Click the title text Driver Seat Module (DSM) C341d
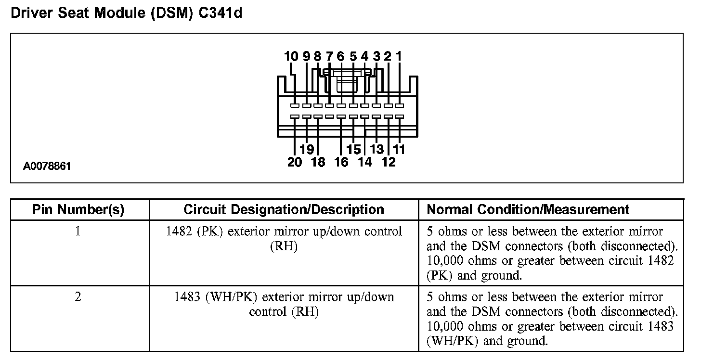[x=126, y=13]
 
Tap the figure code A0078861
[x=47, y=167]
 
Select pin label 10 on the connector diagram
[x=291, y=57]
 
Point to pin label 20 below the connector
[x=295, y=162]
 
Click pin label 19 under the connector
[x=307, y=149]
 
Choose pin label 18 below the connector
[x=318, y=162]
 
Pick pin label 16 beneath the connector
[x=341, y=162]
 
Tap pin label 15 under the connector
[x=353, y=149]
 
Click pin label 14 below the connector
[x=365, y=162]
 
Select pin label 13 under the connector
[x=376, y=149]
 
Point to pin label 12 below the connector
[x=388, y=162]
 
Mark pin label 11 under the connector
[x=399, y=149]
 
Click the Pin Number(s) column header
[x=78, y=210]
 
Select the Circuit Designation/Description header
[x=284, y=210]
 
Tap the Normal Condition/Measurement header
[x=528, y=210]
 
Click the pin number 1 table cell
[x=78, y=231]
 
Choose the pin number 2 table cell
[x=78, y=297]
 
